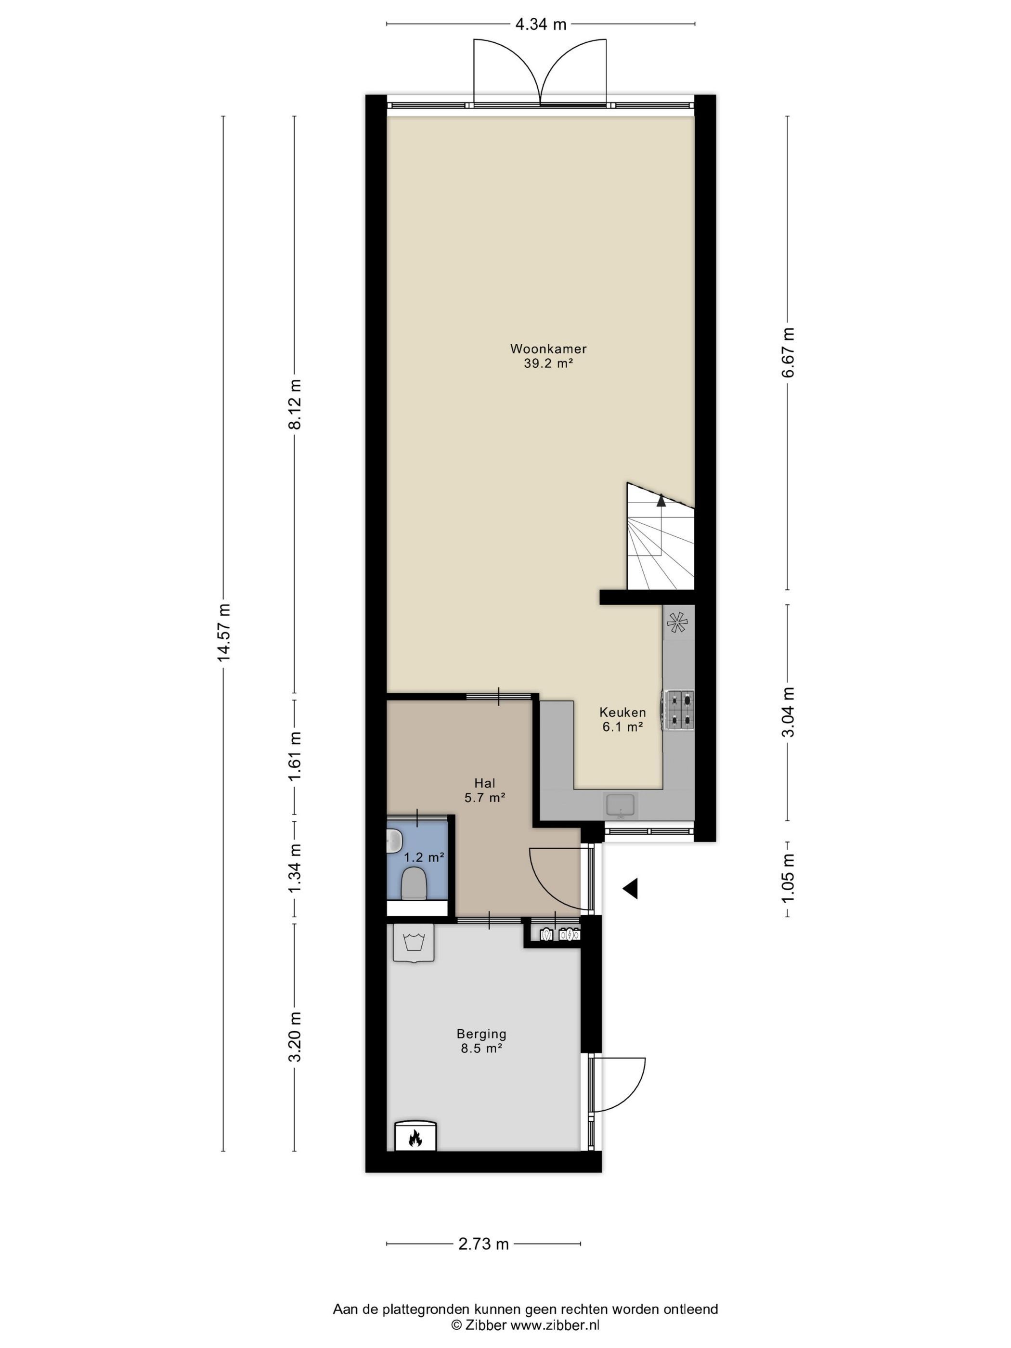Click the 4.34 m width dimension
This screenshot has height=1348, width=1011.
(541, 25)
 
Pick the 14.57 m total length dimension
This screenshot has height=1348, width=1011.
(224, 633)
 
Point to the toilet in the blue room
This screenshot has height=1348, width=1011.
(414, 883)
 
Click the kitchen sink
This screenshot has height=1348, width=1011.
(621, 804)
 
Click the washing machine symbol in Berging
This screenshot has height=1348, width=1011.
(414, 943)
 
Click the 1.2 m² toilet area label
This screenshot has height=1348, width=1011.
(424, 857)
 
